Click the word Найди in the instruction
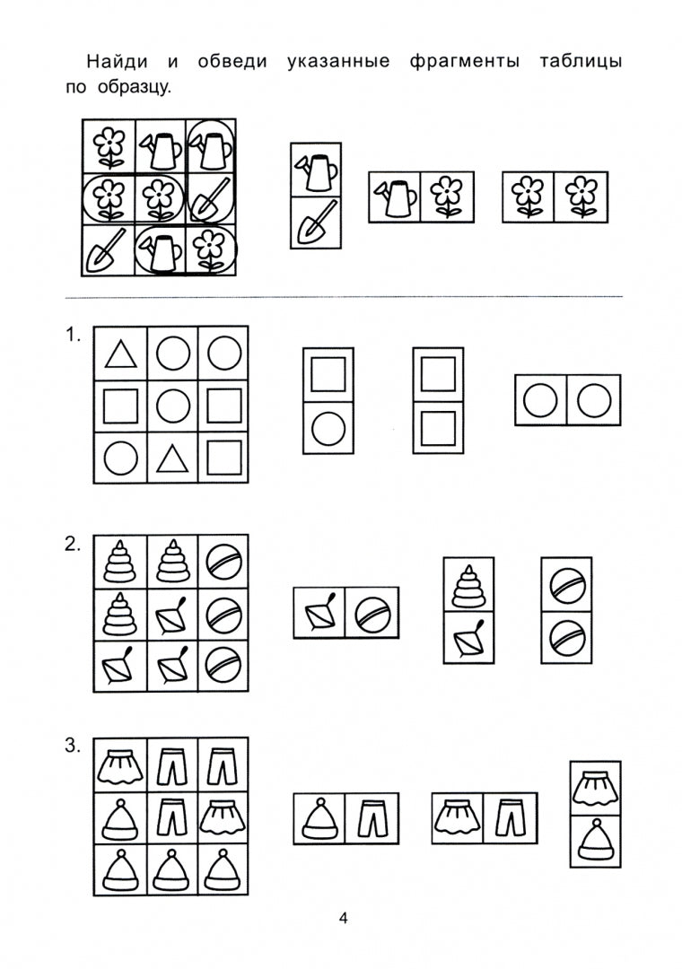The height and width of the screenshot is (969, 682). [x=117, y=61]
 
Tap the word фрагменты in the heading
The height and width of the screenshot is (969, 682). [x=464, y=62]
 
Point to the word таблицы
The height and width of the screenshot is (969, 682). [x=581, y=62]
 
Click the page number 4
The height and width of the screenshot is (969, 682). [x=343, y=918]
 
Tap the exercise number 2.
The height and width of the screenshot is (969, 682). [x=72, y=545]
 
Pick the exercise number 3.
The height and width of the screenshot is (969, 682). [x=72, y=746]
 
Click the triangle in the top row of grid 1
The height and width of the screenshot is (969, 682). [x=121, y=355]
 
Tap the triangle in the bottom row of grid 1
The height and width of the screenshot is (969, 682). [x=172, y=459]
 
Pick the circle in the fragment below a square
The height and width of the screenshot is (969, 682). [x=328, y=428]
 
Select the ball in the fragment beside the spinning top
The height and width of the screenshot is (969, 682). [x=372, y=613]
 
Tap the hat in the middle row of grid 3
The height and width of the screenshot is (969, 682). [x=119, y=819]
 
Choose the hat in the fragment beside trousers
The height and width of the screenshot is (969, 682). [x=319, y=819]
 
